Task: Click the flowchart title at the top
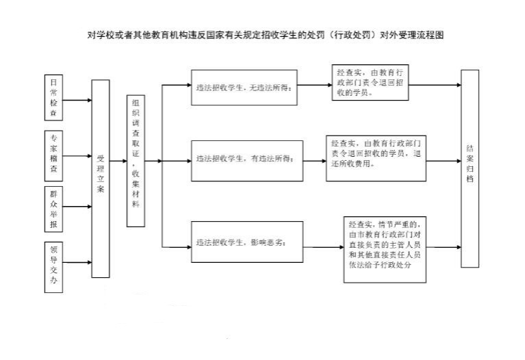[x=266, y=35]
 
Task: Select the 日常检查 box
[x=53, y=97]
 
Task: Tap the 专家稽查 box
[x=53, y=156]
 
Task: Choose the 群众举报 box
[x=53, y=209]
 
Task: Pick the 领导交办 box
[x=53, y=267]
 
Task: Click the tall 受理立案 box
[x=101, y=179]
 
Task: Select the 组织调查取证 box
[x=136, y=161]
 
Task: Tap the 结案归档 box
[x=470, y=168]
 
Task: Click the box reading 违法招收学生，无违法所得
[x=244, y=88]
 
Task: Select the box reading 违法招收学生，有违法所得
[x=247, y=161]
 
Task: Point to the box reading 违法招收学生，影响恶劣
[x=247, y=242]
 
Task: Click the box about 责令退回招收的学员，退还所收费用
[x=376, y=158]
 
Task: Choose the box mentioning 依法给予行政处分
[x=385, y=250]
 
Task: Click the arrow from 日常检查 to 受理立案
[x=77, y=100]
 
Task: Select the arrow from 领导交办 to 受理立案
[x=77, y=262]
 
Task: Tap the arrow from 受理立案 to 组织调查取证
[x=118, y=161]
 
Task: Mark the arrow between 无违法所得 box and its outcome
[x=314, y=85]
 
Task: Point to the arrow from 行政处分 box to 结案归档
[x=444, y=247]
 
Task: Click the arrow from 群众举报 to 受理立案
[x=77, y=207]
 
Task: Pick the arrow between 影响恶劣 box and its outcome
[x=324, y=247]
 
